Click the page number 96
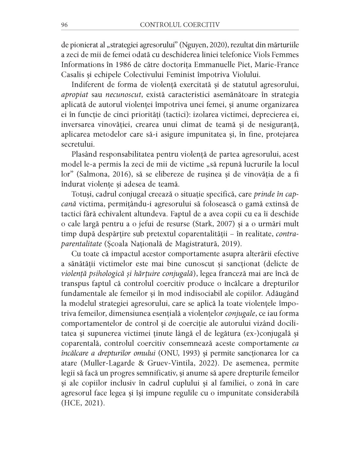click(64, 25)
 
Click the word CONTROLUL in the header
click(159, 25)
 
